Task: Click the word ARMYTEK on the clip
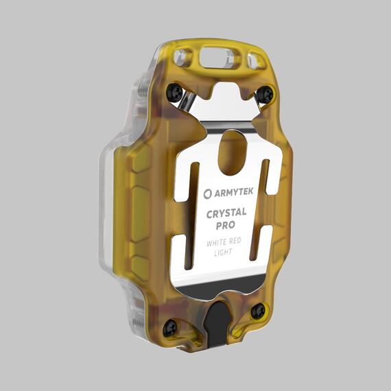pos(234,193)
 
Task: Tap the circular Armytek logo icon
pos(207,194)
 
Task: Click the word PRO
pos(225,226)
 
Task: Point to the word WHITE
pos(217,243)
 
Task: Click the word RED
pos(235,241)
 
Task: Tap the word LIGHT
pos(223,252)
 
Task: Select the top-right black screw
pos(265,94)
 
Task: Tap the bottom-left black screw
pos(170,328)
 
